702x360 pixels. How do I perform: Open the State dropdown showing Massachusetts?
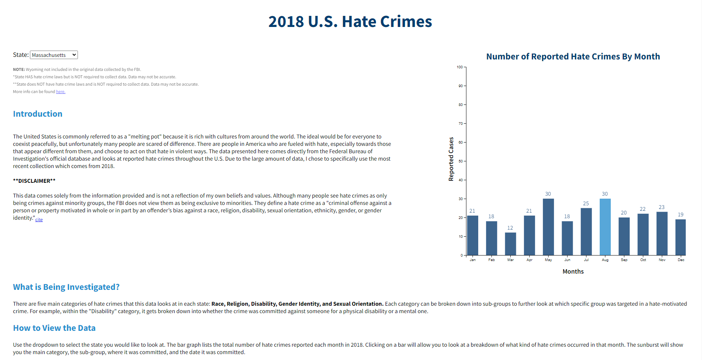pos(54,55)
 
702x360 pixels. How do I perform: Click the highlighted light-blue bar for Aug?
pos(605,227)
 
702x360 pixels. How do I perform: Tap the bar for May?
pos(548,227)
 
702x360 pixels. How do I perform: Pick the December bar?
pos(680,237)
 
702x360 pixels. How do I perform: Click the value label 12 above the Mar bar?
pos(510,228)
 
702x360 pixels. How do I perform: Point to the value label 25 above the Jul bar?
pos(586,203)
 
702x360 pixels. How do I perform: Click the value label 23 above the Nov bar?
pos(661,207)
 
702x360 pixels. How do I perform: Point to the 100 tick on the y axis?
pos(460,67)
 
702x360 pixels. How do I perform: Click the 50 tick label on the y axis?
pos(460,161)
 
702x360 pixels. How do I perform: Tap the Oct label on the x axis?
pos(643,260)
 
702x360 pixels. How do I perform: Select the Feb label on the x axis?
pos(492,260)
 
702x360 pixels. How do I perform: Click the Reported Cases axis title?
pos(451,159)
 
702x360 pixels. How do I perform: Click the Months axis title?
pos(573,271)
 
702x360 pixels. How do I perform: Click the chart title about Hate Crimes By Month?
pos(573,56)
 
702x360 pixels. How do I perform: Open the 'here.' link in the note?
pos(61,92)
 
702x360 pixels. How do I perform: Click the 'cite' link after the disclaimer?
pos(39,220)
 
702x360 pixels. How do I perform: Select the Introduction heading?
pos(38,114)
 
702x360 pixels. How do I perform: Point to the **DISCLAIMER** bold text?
pos(34,181)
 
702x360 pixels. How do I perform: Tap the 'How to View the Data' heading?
pos(54,328)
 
